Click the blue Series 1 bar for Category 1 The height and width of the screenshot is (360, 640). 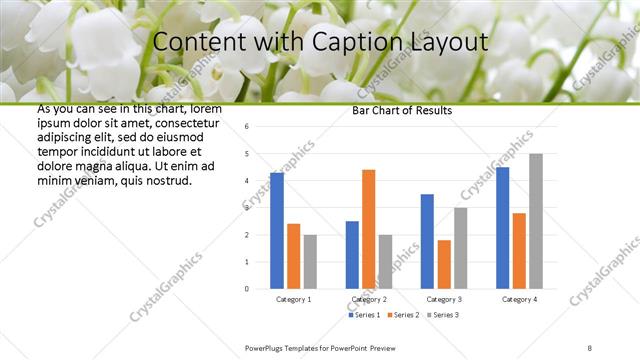[x=277, y=231]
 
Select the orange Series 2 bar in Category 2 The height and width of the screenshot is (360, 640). [x=368, y=229]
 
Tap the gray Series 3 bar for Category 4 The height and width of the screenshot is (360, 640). [x=536, y=221]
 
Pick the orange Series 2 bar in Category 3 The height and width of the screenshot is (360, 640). [x=444, y=264]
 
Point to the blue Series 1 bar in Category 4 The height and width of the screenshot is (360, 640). [x=502, y=228]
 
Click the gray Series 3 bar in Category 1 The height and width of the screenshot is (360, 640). [x=310, y=262]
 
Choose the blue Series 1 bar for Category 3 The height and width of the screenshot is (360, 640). [x=427, y=241]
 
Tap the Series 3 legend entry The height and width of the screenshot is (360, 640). [x=443, y=315]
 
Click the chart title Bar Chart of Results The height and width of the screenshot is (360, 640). [x=403, y=110]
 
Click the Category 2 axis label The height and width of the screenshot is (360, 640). [x=368, y=299]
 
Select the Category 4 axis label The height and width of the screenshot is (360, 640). [x=519, y=299]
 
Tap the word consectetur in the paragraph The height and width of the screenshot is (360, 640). [x=187, y=121]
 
